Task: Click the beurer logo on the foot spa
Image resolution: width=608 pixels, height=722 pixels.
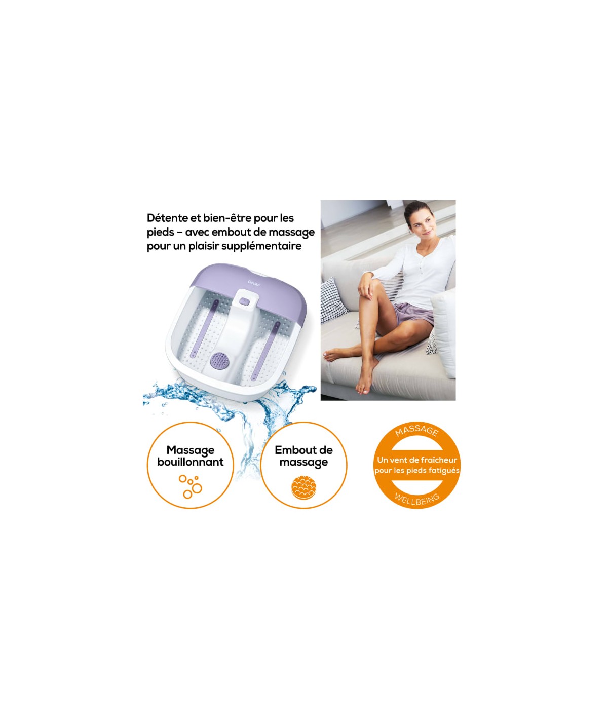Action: (254, 283)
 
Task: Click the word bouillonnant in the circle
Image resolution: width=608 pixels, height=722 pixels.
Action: (190, 462)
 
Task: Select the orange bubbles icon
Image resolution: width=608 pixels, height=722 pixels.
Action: (190, 487)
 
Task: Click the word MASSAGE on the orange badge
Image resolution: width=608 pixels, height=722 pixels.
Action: (417, 430)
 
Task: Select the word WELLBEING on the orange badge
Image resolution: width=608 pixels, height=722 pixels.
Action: (417, 499)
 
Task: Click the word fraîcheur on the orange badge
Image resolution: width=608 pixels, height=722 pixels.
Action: (439, 460)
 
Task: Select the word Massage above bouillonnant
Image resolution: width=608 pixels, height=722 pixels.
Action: (190, 450)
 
